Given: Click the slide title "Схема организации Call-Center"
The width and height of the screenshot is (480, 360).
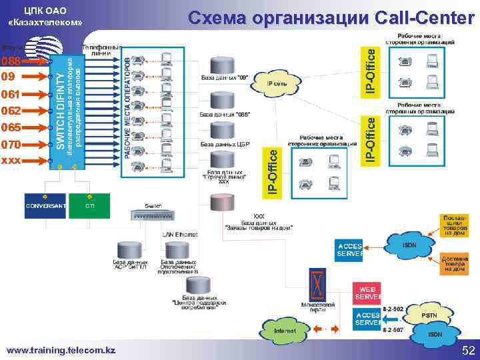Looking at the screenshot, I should pyautogui.click(x=331, y=17).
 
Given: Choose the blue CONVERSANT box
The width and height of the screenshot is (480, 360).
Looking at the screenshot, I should pyautogui.click(x=45, y=205).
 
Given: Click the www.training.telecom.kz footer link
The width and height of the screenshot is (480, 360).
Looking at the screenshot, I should pyautogui.click(x=61, y=349).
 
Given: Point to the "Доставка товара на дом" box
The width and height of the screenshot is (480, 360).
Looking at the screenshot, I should pyautogui.click(x=455, y=264).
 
